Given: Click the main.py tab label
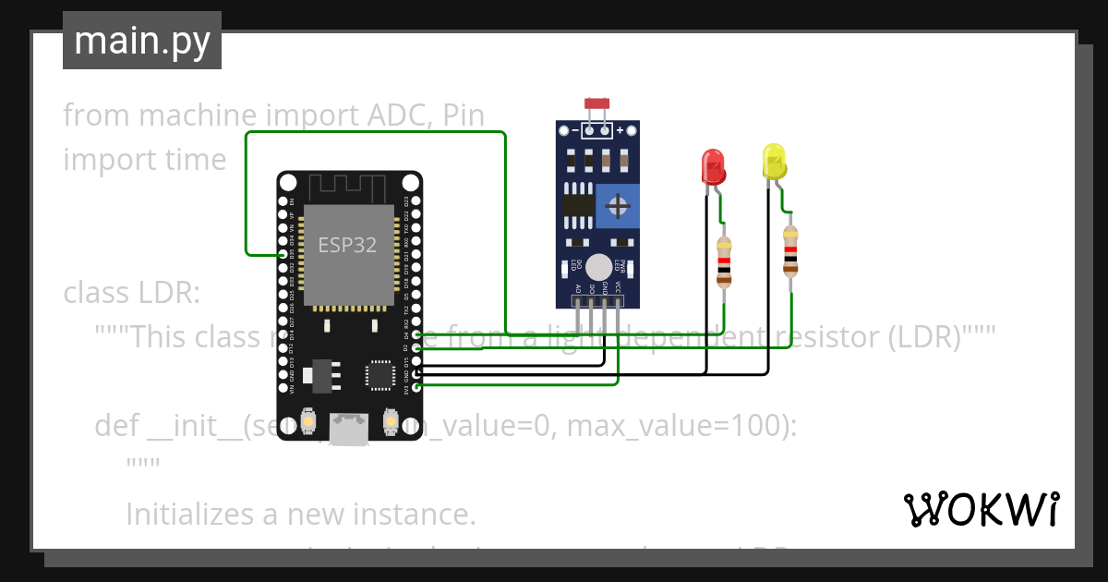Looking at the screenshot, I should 141,41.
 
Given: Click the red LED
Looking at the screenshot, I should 713,166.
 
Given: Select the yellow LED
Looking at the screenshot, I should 774,161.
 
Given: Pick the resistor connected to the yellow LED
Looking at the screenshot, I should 790,251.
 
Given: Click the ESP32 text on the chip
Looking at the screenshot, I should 347,245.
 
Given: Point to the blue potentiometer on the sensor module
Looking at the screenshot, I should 617,205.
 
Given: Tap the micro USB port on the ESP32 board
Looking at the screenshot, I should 349,430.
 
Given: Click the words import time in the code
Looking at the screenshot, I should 145,160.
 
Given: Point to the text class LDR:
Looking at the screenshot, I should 131,293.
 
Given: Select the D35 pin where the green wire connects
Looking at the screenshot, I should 283,252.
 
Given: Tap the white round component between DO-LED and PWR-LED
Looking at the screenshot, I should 598,266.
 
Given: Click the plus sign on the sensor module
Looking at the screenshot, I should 620,130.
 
